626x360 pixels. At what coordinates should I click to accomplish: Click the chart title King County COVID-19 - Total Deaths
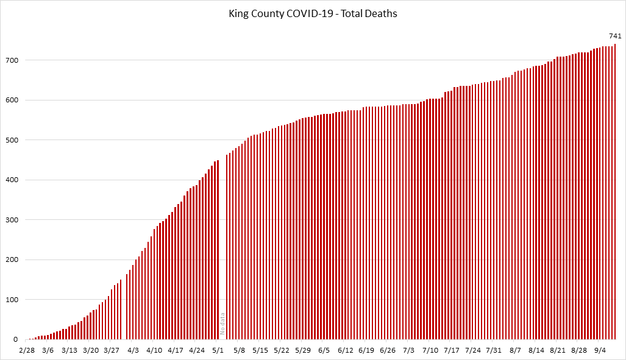(313, 13)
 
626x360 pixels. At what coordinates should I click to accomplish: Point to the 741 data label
(615, 36)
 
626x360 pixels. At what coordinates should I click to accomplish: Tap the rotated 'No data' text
(222, 324)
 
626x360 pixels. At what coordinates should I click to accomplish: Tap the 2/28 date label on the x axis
(27, 350)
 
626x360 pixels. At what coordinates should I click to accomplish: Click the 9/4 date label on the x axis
(600, 350)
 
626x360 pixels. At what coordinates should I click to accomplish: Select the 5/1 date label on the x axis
(218, 350)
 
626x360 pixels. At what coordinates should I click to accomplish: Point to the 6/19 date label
(366, 350)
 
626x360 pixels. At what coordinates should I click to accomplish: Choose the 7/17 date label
(452, 350)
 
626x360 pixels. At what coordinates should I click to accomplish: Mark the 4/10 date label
(154, 350)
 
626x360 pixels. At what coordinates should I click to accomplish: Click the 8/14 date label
(536, 350)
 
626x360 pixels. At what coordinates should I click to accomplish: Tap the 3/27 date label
(112, 350)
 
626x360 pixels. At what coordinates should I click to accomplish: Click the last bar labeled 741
(615, 191)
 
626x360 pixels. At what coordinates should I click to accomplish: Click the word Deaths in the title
(382, 13)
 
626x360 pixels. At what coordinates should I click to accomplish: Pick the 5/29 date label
(303, 350)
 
